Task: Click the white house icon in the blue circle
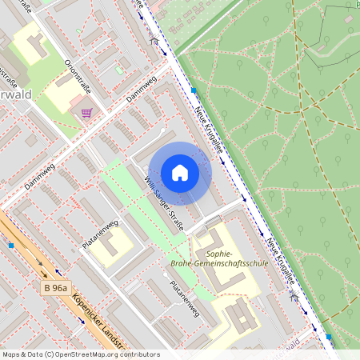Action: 180,173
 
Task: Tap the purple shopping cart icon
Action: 86,113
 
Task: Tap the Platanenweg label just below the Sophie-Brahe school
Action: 184,298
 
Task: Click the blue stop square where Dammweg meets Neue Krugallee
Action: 194,90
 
